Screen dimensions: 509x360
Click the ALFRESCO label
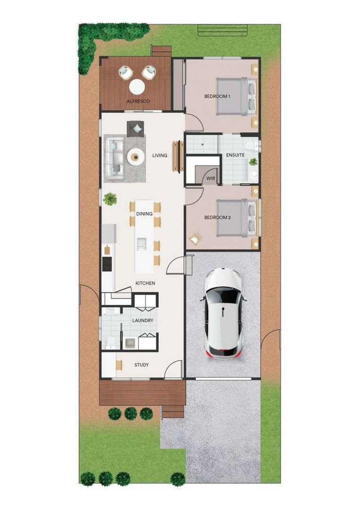coord(138,101)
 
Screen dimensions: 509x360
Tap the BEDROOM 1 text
coord(217,97)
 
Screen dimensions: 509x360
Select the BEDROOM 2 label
coord(217,218)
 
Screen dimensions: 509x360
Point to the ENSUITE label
coord(235,155)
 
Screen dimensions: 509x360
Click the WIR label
coord(211,179)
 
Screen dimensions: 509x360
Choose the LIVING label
coord(160,155)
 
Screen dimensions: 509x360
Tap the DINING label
coord(144,214)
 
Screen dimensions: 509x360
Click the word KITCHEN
coord(145,283)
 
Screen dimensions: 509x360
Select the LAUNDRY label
coord(143,320)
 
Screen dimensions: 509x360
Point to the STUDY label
coord(141,365)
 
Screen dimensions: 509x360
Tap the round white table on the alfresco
coord(137,87)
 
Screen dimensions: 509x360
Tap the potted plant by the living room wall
coord(110,199)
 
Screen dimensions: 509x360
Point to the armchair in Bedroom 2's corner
coord(195,239)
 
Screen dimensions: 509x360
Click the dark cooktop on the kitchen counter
coord(107,264)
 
